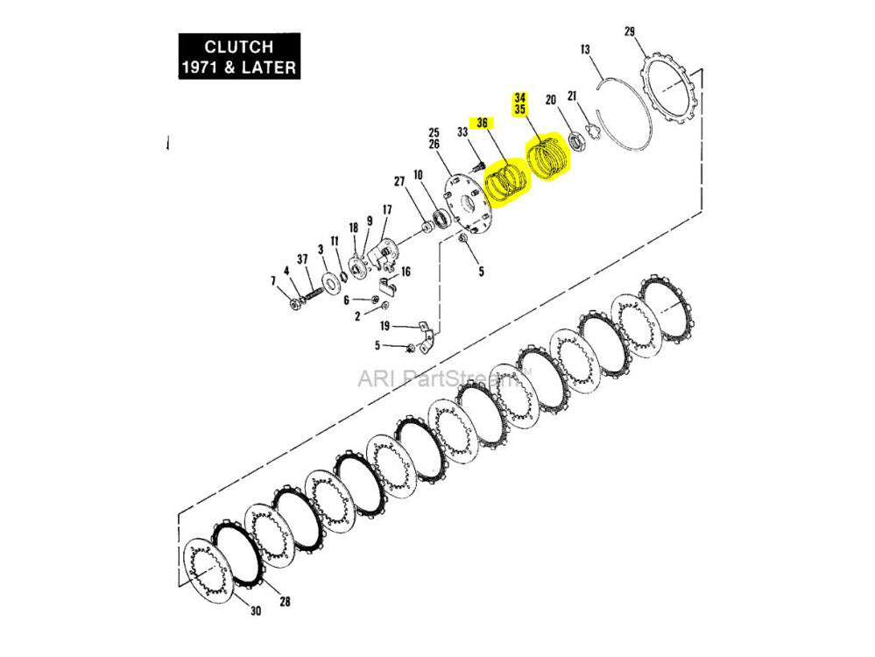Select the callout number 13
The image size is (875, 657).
586,50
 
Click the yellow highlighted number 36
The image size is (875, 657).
482,123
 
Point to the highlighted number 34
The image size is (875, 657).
520,97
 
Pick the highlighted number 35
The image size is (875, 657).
520,110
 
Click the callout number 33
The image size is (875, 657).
462,132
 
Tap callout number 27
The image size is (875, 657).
399,181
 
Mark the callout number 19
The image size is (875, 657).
385,326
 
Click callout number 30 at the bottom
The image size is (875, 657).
256,611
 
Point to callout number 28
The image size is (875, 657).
285,603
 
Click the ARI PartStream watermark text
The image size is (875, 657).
446,378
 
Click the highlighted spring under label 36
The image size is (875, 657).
506,182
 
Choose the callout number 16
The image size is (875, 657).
405,272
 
